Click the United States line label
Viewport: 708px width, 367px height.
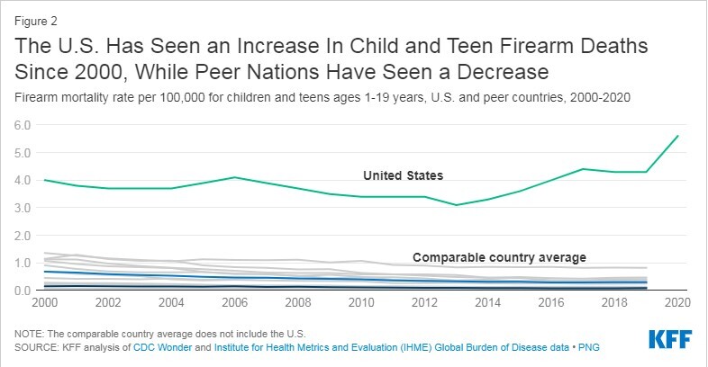[x=403, y=175]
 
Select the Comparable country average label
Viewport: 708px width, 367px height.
[x=499, y=256]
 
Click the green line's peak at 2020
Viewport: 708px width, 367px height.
[x=677, y=136]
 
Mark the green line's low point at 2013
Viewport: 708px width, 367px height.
[x=456, y=205]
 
